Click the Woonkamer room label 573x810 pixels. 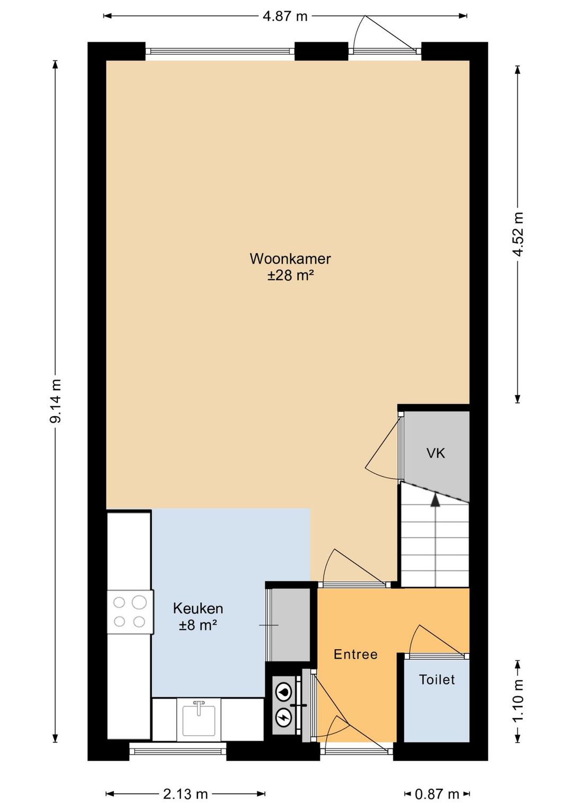pyautogui.click(x=290, y=259)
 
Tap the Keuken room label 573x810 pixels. pyautogui.click(x=198, y=609)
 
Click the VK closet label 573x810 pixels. pyautogui.click(x=436, y=453)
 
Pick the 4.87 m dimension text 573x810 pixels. pyautogui.click(x=285, y=16)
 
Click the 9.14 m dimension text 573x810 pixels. pyautogui.click(x=56, y=401)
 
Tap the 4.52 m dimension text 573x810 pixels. pyautogui.click(x=519, y=234)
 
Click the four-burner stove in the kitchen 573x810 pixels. pyautogui.click(x=130, y=611)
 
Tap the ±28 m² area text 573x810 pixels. pyautogui.click(x=290, y=276)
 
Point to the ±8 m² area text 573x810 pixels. pyautogui.click(x=198, y=625)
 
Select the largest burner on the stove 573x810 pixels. pyautogui.click(x=139, y=602)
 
